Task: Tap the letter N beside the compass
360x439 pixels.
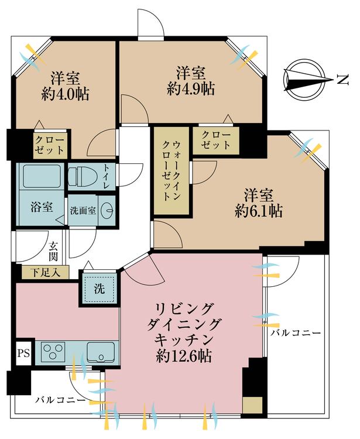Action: (340, 79)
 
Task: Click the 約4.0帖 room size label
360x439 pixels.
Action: (66, 94)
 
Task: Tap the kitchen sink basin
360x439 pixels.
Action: (102, 353)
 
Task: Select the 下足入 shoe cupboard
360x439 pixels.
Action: (44, 272)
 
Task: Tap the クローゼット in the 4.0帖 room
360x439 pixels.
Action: (50, 144)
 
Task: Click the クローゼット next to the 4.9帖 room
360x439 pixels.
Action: (216, 140)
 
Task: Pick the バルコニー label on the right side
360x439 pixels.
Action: (295, 333)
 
